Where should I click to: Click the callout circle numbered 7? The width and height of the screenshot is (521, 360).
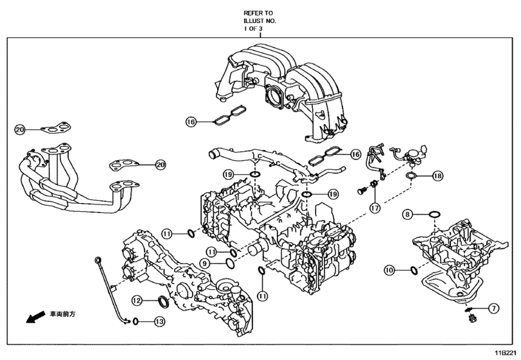point(493,308)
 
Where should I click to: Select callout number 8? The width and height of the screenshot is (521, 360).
point(407,213)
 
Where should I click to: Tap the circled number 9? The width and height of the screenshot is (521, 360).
point(204,263)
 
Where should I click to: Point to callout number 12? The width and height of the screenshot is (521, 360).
point(136,300)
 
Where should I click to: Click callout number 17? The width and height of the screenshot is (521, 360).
point(375,208)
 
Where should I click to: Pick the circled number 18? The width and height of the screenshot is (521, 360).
point(437,175)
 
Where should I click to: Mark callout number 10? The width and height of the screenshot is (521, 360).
point(389,271)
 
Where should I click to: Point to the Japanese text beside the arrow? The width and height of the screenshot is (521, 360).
point(62,314)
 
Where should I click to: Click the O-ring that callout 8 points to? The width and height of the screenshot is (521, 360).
point(434,213)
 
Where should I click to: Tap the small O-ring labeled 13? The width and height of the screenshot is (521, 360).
point(136,321)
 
